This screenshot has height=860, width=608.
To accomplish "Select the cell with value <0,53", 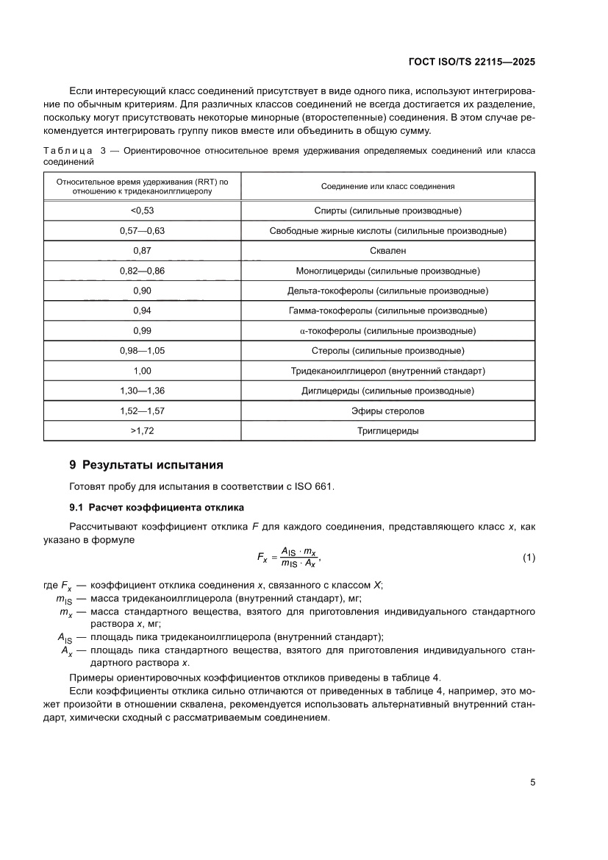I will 142,211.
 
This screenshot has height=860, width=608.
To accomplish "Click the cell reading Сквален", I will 388,251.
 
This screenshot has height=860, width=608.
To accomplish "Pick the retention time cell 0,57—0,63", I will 142,231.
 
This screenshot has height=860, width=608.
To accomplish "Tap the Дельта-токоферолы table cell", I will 388,291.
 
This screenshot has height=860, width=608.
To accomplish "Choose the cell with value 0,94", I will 142,310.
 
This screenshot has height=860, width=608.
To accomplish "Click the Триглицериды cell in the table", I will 388,431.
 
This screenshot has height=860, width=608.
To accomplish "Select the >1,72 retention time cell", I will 142,431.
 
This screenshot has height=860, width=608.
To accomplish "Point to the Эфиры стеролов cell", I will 388,411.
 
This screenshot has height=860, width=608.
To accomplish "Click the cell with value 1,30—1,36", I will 142,391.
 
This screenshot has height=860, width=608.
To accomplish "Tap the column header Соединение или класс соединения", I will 388,186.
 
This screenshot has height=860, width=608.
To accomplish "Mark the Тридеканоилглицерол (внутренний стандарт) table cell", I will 388,371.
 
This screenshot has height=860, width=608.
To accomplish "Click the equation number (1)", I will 529,558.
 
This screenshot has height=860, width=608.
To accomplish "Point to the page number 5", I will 532,783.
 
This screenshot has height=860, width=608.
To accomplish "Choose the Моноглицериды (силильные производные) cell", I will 388,271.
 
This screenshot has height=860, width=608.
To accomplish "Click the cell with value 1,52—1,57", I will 142,411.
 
